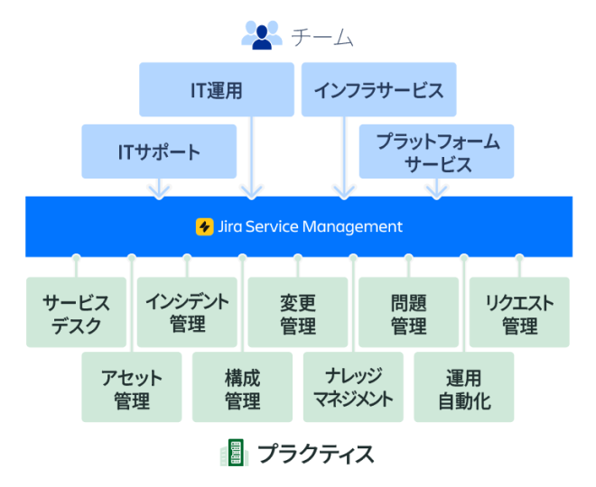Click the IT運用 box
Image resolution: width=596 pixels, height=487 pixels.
tap(217, 89)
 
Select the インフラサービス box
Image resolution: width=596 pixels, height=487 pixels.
tap(378, 89)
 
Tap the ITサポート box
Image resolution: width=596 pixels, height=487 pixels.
tap(159, 151)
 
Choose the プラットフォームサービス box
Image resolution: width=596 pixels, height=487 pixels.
tap(437, 151)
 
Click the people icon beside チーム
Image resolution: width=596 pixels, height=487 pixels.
tap(262, 35)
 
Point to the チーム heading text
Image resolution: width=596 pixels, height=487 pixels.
tap(321, 37)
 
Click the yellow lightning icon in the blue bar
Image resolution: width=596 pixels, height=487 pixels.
tap(204, 226)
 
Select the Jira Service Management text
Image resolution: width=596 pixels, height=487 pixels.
tap(311, 226)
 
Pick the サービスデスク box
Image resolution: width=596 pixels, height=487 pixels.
tap(77, 313)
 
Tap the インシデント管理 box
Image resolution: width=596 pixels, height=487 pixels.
tap(187, 313)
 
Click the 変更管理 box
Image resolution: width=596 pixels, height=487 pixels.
tap(298, 313)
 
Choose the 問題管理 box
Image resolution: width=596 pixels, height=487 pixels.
tap(408, 313)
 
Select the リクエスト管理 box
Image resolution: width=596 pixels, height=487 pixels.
tap(519, 313)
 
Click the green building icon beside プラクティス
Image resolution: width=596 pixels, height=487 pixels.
tap(234, 453)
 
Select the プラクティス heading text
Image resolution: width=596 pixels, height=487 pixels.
tap(315, 453)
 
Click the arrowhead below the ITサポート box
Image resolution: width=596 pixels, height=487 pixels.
tap(159, 190)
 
